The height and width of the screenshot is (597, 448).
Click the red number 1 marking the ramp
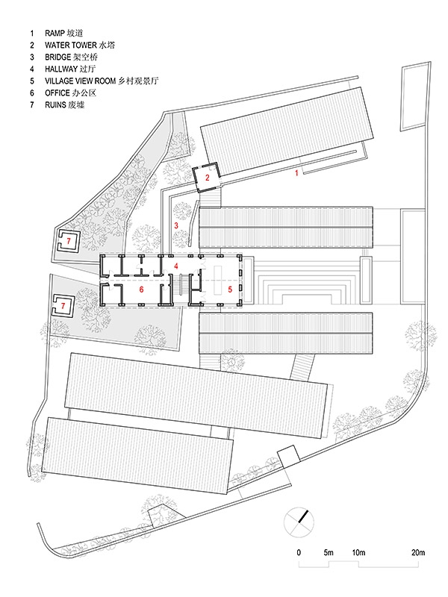[x=296, y=173]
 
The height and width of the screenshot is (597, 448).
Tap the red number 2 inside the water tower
[x=208, y=178]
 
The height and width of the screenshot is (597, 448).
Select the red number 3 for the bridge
[x=176, y=225]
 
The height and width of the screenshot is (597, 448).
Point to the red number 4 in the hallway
[x=176, y=266]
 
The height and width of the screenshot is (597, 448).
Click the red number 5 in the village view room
[x=230, y=290]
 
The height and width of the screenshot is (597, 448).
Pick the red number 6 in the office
[x=141, y=290]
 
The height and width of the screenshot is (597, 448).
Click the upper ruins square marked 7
[x=68, y=241]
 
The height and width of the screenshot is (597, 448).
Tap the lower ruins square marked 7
[x=63, y=305]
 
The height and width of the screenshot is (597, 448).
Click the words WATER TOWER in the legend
[x=71, y=46]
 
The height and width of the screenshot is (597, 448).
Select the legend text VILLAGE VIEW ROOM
[x=81, y=81]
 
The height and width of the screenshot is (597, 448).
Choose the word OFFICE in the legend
[x=57, y=93]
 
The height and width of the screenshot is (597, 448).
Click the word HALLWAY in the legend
[x=61, y=69]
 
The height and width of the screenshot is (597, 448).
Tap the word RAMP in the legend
[x=55, y=33]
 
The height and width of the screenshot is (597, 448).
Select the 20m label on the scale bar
[x=418, y=552]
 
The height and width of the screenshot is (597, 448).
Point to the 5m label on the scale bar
[x=329, y=552]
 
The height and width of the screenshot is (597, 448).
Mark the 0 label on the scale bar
[x=299, y=552]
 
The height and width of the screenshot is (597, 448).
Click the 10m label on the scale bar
[x=358, y=552]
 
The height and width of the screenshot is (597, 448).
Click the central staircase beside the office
[x=184, y=285]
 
